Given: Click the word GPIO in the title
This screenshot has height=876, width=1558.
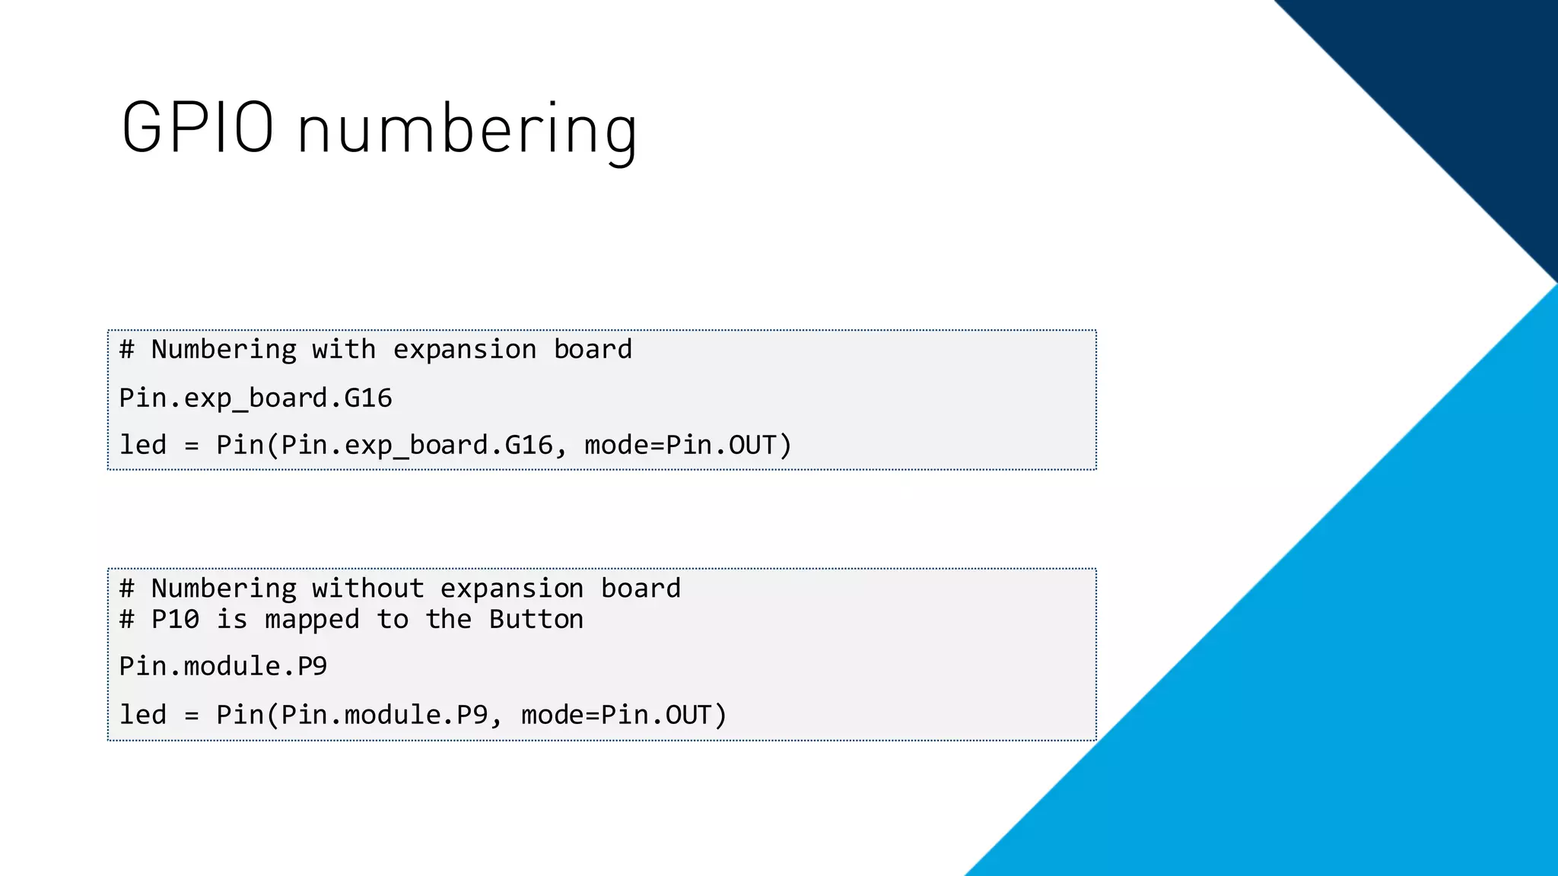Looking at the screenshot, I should pyautogui.click(x=197, y=129).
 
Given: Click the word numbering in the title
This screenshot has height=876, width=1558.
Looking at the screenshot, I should pyautogui.click(x=467, y=131).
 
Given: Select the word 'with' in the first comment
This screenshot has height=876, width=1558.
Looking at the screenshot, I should pyautogui.click(x=344, y=350).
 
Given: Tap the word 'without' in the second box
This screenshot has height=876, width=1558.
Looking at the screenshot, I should pyautogui.click(x=367, y=589).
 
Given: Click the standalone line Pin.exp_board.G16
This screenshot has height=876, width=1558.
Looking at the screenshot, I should pyautogui.click(x=256, y=398).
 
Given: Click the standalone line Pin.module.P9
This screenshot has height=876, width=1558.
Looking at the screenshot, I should pyautogui.click(x=223, y=667).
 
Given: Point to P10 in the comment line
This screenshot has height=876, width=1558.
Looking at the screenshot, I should pyautogui.click(x=175, y=620).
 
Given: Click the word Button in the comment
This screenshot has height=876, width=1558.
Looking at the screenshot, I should pyautogui.click(x=536, y=620).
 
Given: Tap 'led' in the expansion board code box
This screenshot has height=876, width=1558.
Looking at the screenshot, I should pyautogui.click(x=143, y=445).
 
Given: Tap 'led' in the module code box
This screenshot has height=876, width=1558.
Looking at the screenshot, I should pyautogui.click(x=143, y=715).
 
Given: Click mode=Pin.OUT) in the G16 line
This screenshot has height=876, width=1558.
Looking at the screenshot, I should pyautogui.click(x=688, y=446).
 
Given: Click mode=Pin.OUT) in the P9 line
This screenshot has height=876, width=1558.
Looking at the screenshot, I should pyautogui.click(x=624, y=716).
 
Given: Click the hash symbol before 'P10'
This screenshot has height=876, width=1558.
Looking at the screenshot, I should pyautogui.click(x=127, y=620).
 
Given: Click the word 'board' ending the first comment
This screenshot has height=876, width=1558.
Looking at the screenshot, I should pyautogui.click(x=593, y=350).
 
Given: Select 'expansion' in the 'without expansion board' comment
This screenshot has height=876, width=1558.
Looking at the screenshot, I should pyautogui.click(x=512, y=589).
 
